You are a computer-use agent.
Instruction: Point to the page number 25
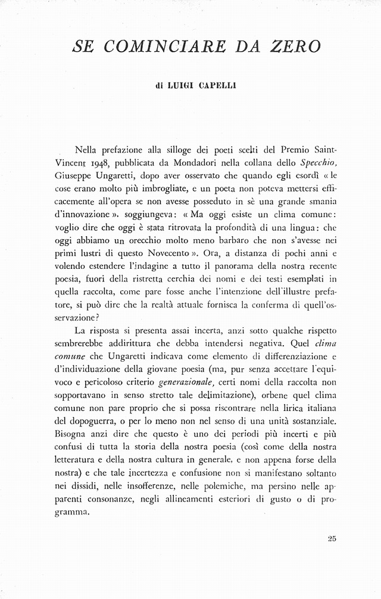pyautogui.click(x=332, y=539)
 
